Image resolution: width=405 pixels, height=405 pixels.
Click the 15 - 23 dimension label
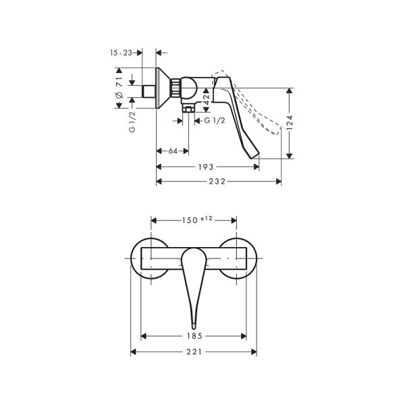121,53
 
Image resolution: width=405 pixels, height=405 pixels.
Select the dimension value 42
206,100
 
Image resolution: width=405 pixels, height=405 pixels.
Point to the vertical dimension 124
290,122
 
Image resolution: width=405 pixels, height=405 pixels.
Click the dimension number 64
173,151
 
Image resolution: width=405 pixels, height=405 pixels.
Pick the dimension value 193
206,167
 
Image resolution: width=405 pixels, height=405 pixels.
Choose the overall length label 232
217,182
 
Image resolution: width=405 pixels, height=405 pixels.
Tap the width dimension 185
194,336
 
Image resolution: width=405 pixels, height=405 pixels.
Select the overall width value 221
194,352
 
